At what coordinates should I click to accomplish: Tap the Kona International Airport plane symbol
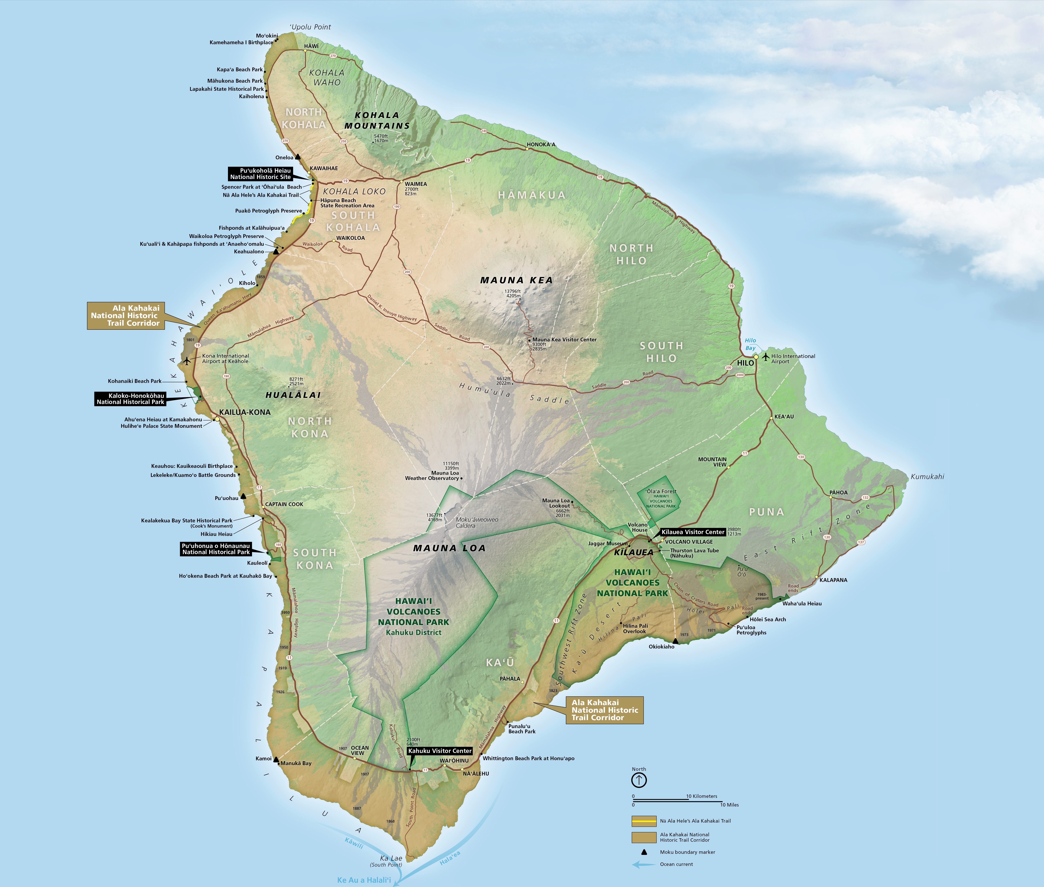(187, 361)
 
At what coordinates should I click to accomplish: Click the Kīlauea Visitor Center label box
(693, 532)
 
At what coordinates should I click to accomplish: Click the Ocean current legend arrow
(643, 864)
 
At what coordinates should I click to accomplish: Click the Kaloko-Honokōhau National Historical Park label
(130, 399)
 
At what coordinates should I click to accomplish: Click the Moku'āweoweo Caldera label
(476, 523)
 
